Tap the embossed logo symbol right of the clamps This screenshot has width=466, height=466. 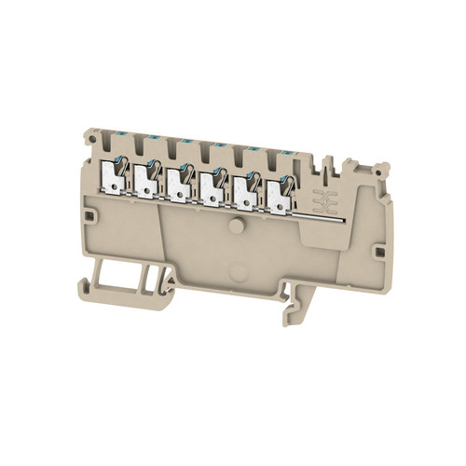[324, 200]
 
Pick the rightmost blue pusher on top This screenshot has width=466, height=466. [282, 151]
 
